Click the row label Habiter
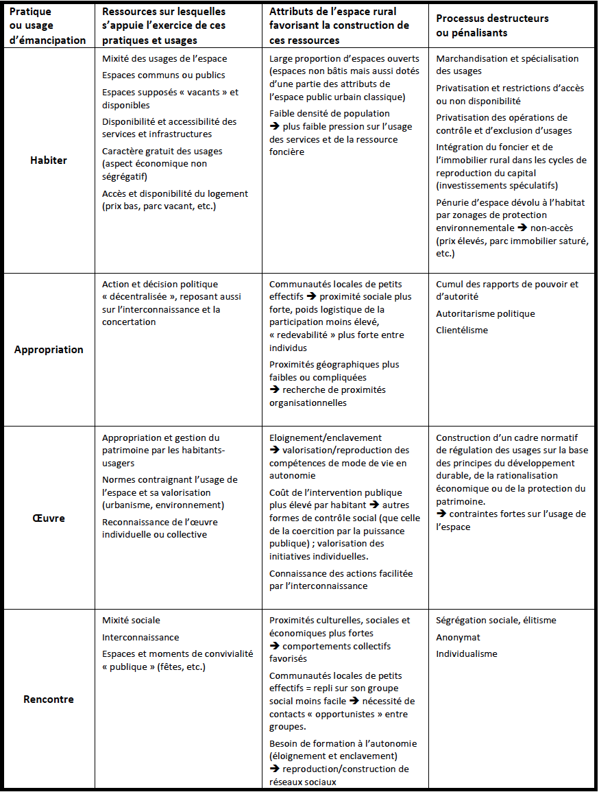click(x=48, y=160)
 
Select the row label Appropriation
click(x=49, y=350)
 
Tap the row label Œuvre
click(x=48, y=518)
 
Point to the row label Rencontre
click(x=48, y=699)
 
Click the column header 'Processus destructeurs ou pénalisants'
click(x=492, y=26)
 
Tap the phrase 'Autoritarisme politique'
click(x=485, y=314)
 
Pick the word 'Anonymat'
click(x=458, y=637)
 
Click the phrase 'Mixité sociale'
click(x=131, y=621)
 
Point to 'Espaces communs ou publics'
click(x=163, y=75)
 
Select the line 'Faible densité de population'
click(x=329, y=113)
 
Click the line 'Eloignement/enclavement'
click(x=326, y=437)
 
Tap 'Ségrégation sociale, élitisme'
click(x=496, y=621)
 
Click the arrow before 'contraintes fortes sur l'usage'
click(x=441, y=514)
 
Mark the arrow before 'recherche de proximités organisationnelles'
click(x=274, y=390)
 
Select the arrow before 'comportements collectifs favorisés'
click(x=274, y=647)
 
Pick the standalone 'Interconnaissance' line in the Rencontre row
click(x=140, y=637)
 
